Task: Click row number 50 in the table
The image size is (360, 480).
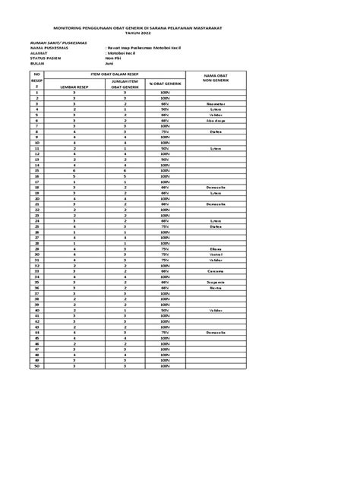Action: coord(36,366)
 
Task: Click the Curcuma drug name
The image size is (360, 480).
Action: coord(216,270)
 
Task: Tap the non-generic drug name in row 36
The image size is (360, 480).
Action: coord(216,288)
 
